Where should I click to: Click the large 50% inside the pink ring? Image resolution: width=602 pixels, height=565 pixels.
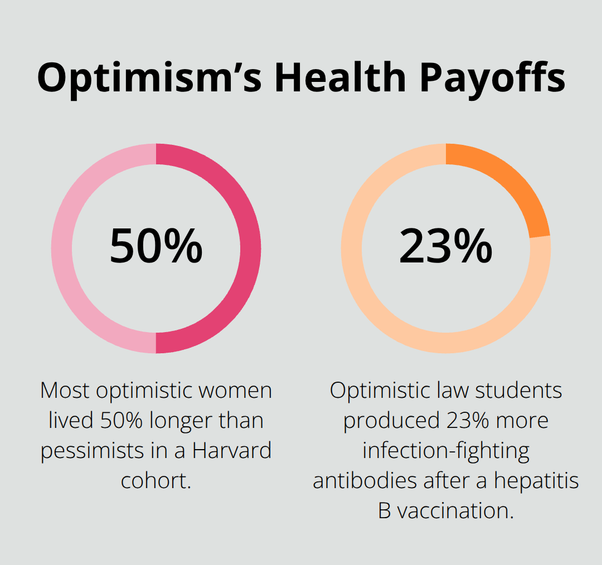coord(156,246)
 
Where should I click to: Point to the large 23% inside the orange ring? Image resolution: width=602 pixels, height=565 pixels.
coord(445,246)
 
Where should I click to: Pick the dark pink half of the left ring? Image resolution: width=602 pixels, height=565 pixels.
coord(250,248)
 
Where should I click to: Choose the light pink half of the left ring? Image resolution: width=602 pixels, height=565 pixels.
coord(62,248)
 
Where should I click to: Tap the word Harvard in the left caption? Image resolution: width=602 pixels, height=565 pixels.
coord(232,450)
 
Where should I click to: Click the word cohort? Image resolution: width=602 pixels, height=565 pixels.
coord(156,480)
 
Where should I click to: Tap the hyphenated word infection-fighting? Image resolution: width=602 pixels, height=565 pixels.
coord(446,450)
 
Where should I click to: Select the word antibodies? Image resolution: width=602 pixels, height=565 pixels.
coord(365,480)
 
